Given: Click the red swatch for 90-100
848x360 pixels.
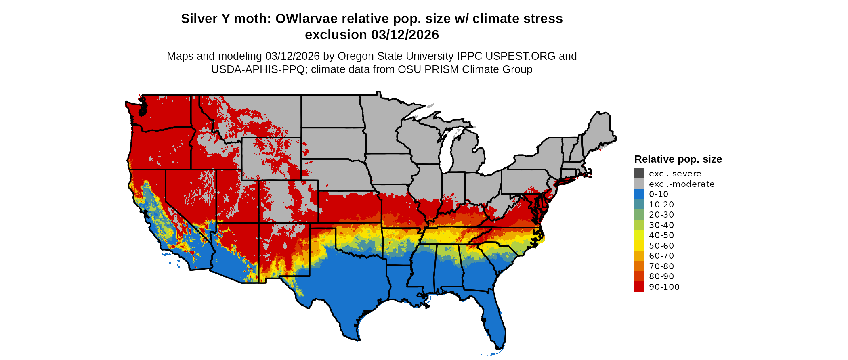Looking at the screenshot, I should click(x=639, y=287).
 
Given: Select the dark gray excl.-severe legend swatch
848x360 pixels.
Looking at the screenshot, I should click(x=639, y=174).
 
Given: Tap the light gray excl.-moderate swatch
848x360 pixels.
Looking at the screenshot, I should click(x=639, y=184).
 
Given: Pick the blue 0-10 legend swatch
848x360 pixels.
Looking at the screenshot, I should click(x=639, y=194).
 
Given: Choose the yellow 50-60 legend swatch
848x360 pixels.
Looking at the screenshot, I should click(x=639, y=245).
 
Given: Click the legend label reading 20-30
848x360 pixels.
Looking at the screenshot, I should click(x=661, y=215).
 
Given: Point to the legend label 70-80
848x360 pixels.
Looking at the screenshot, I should click(x=661, y=266).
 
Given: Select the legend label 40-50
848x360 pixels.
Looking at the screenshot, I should click(x=661, y=235).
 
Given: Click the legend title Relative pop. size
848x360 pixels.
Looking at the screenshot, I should click(x=678, y=159).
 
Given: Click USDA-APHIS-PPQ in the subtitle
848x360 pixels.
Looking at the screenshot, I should click(x=258, y=69).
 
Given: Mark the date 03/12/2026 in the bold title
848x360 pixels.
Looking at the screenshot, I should click(x=405, y=35).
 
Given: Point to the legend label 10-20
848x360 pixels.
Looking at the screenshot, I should click(x=661, y=205).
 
